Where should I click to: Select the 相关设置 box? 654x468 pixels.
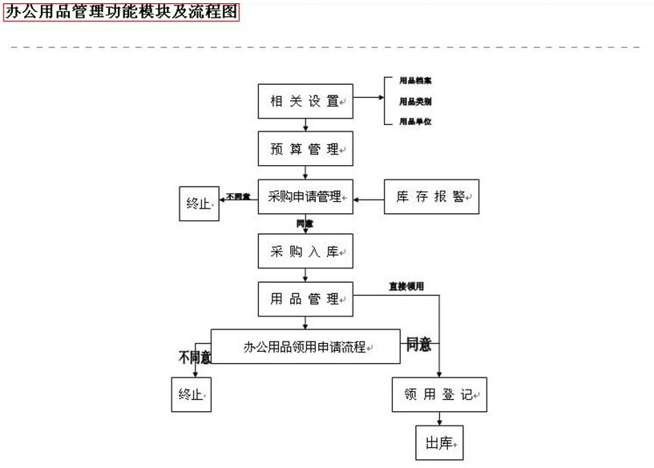(x=305, y=101)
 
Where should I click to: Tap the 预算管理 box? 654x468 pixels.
(x=305, y=149)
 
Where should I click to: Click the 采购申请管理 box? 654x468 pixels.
(x=305, y=196)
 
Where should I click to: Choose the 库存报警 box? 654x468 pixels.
(x=432, y=196)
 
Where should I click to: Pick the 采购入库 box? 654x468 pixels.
(x=305, y=252)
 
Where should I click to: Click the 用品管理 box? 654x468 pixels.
(x=305, y=299)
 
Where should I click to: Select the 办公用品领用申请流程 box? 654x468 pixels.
(x=305, y=346)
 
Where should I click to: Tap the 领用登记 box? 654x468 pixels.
(x=440, y=394)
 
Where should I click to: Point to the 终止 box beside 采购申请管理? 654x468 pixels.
(x=198, y=204)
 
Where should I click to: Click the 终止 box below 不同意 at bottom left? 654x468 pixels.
(x=192, y=394)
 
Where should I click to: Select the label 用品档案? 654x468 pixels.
(x=416, y=81)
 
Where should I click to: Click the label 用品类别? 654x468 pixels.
(x=416, y=101)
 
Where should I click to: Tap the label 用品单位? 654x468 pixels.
(x=416, y=121)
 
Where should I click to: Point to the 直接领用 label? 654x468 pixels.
(x=406, y=286)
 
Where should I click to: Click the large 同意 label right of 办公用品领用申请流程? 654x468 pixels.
(x=418, y=345)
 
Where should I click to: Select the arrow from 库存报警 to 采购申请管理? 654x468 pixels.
(x=369, y=197)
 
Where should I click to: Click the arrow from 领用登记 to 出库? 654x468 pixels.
(x=439, y=419)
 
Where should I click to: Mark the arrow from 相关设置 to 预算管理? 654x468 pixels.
(x=305, y=125)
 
